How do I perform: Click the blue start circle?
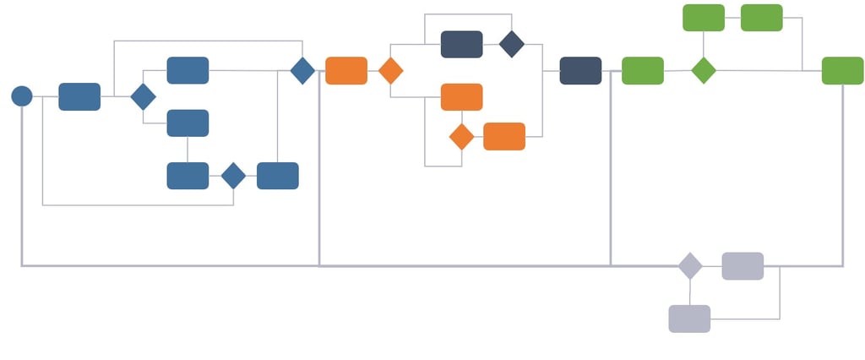22,96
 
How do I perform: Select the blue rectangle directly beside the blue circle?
79,96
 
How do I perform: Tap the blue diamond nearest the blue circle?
144,96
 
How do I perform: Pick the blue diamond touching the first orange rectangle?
302,70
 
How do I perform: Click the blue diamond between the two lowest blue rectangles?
233,176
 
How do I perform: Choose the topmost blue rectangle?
188,70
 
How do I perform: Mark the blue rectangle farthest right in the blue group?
278,176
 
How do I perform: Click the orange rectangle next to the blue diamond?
346,70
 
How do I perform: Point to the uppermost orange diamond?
390,70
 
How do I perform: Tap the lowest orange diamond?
461,136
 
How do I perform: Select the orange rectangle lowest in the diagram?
504,136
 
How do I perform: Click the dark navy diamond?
512,44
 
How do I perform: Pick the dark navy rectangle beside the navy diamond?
462,44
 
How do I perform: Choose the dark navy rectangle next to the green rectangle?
580,70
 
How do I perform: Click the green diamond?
704,70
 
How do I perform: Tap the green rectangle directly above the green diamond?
704,18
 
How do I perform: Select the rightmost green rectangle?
843,70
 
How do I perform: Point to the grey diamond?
690,265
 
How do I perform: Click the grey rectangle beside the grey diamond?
743,265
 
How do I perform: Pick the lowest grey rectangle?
689,319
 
